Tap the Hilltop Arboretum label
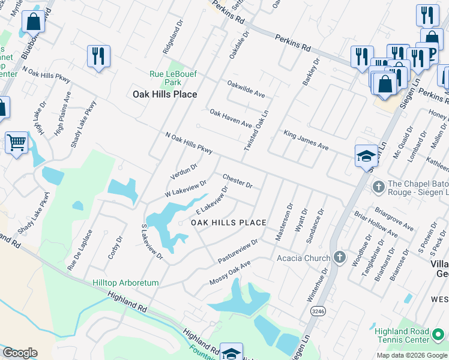point(125,283)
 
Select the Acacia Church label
point(303,258)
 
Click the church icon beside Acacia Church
point(340,258)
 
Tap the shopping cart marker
point(16,143)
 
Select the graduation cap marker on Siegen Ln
point(366,156)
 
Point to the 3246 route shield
point(318,311)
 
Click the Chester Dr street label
point(237,181)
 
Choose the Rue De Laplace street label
point(80,250)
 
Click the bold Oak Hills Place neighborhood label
point(164,94)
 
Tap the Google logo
point(20,353)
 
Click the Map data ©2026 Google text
point(411,355)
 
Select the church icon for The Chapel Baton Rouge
point(379,187)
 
